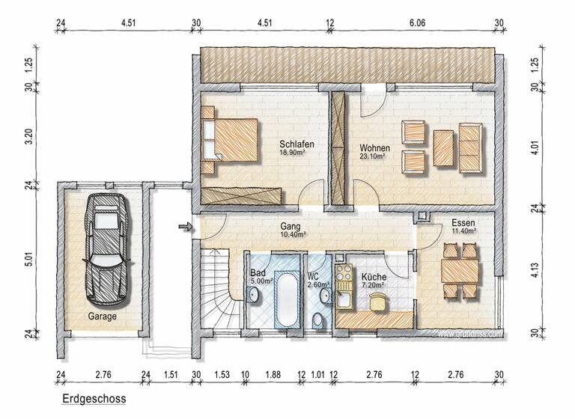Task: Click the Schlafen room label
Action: tap(296, 144)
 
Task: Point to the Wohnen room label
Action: tap(374, 147)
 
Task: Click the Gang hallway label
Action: tap(290, 225)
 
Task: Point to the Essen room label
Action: tap(463, 223)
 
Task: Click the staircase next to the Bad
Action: tap(219, 288)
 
